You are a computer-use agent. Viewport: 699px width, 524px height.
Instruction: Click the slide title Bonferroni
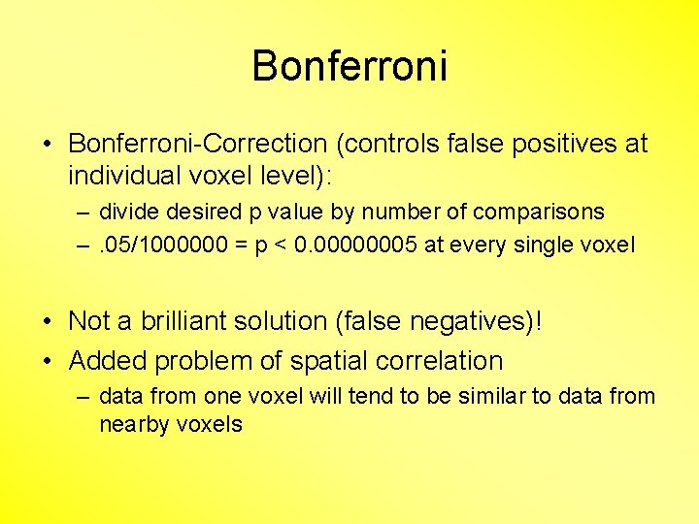349,67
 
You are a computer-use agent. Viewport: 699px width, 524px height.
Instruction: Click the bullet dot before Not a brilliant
48,320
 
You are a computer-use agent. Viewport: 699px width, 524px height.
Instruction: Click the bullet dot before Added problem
48,361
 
